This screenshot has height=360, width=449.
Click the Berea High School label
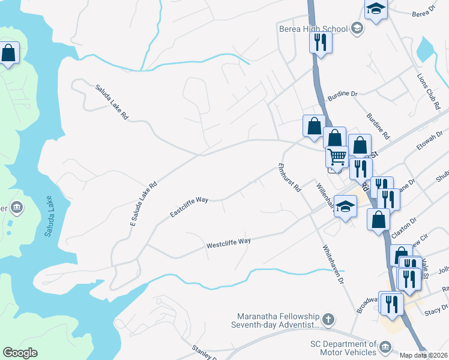tap(313, 28)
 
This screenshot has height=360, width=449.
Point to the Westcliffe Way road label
tap(228, 243)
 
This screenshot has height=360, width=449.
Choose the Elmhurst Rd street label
tap(289, 178)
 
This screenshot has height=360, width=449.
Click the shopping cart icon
tap(337, 157)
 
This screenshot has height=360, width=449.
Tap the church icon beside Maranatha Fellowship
tap(328, 319)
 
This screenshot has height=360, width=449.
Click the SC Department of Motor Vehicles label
tap(343, 349)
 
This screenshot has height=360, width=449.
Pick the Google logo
tap(20, 353)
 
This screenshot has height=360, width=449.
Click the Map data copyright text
tap(424, 355)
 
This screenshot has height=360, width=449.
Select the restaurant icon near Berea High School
tap(321, 42)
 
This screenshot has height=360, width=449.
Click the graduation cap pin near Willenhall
tap(345, 206)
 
